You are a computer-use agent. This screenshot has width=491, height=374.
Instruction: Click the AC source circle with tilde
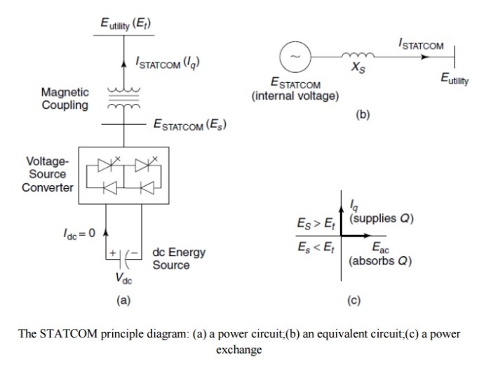(x=295, y=57)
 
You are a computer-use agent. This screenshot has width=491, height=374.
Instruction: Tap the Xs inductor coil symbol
(x=358, y=55)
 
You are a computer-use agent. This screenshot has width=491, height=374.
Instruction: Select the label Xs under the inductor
(x=358, y=67)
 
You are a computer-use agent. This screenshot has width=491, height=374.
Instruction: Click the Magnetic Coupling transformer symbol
(x=123, y=98)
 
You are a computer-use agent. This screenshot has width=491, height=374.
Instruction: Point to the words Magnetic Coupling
(x=65, y=99)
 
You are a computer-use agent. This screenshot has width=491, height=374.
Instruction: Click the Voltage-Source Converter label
(x=47, y=174)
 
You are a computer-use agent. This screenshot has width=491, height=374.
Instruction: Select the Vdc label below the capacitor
(x=123, y=278)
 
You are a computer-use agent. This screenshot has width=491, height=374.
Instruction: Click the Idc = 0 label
(x=79, y=234)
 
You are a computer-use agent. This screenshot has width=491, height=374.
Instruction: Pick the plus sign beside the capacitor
(x=113, y=253)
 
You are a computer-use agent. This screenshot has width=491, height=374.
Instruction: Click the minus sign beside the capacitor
(x=134, y=252)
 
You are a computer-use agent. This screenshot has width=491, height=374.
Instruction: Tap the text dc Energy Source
(x=179, y=259)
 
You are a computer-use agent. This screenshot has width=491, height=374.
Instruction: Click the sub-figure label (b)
(x=363, y=114)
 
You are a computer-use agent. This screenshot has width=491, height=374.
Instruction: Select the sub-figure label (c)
(x=354, y=300)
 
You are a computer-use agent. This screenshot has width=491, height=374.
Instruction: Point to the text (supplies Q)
(x=382, y=218)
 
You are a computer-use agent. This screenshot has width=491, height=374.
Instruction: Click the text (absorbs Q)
(x=380, y=260)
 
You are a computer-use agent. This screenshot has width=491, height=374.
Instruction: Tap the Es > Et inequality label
(x=316, y=224)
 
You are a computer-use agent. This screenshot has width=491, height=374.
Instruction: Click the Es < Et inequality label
(x=316, y=248)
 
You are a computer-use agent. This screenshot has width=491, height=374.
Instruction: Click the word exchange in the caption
(x=239, y=349)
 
